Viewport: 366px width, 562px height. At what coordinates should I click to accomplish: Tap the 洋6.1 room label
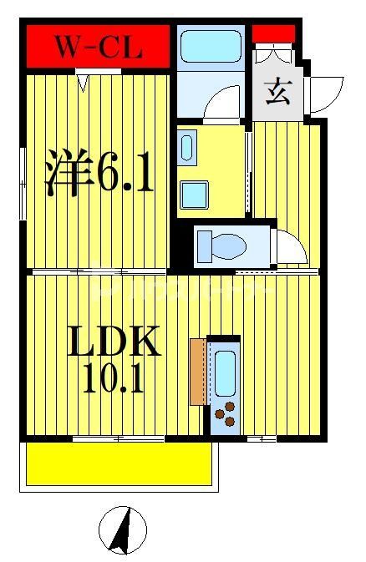coord(99,173)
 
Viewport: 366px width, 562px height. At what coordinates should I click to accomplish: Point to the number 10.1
coord(114,377)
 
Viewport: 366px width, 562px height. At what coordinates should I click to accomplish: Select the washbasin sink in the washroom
coord(186,148)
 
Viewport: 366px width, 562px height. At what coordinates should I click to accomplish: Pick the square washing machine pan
coord(198,194)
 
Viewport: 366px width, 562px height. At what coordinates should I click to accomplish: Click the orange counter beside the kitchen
coord(197,372)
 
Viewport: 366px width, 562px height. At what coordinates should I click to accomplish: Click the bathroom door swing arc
coord(222,105)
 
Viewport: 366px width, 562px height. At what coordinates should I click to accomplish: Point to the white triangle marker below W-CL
coord(83,82)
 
